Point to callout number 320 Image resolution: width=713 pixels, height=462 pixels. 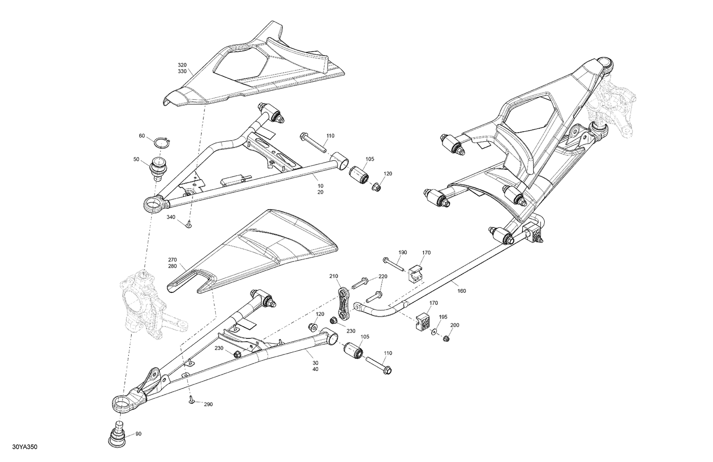point(183,65)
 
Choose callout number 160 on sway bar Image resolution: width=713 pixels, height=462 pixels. point(462,291)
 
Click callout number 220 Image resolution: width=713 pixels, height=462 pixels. point(383,277)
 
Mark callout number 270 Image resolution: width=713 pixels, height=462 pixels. point(173,260)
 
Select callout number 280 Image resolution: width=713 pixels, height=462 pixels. point(173,266)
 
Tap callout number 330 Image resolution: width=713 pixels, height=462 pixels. point(183,71)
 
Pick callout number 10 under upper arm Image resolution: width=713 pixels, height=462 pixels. point(320,185)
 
